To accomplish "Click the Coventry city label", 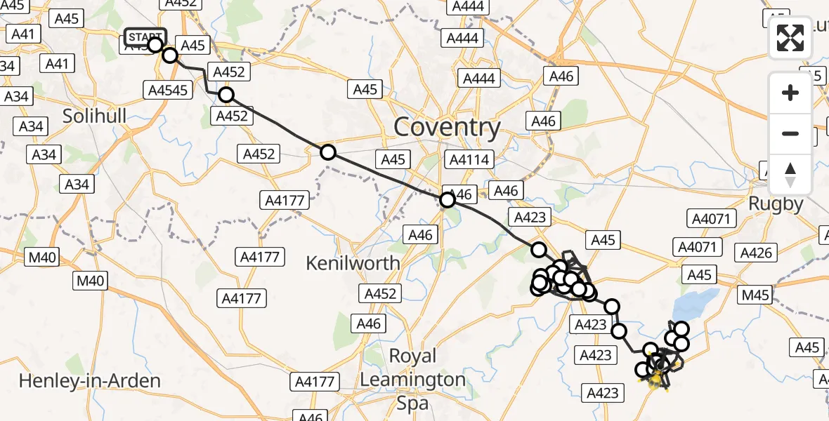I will click(448, 128).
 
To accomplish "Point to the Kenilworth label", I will click(353, 264).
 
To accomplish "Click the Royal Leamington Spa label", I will click(412, 380).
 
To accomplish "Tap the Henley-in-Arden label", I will click(90, 381).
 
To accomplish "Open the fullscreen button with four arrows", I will click(790, 39).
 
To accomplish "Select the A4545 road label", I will click(168, 89).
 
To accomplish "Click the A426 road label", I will click(756, 253).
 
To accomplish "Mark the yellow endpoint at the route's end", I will click(655, 380).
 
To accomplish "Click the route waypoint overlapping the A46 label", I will click(447, 200).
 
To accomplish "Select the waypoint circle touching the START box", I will click(155, 46).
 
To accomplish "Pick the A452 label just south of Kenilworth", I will click(381, 293).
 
